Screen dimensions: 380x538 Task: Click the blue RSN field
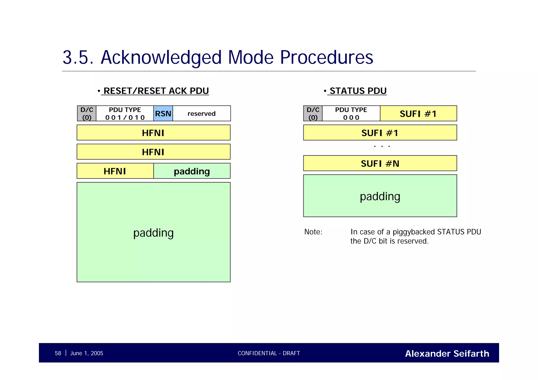pos(163,113)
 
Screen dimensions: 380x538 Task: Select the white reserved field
pos(201,113)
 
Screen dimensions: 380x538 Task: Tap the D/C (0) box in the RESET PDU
pos(87,113)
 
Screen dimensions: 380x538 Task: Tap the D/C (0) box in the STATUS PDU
pos(313,113)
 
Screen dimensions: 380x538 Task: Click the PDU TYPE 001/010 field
pos(125,113)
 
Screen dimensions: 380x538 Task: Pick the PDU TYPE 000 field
pos(351,113)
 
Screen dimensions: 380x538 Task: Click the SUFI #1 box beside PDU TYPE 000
pos(418,113)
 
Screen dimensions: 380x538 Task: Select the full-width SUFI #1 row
pos(380,133)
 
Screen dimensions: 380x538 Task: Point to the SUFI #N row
pos(380,163)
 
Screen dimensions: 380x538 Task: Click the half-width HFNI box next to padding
pos(115,171)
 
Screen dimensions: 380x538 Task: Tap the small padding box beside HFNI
pos(192,171)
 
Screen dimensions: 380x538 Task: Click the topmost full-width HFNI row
pos(153,133)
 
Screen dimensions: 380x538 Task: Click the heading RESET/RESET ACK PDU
pos(156,91)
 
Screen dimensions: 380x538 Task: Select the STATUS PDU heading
pos(358,91)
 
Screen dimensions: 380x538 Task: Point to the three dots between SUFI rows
pos(382,146)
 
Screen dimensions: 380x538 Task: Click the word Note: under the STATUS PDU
pos(313,232)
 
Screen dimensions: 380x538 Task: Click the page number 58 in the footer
pos(58,353)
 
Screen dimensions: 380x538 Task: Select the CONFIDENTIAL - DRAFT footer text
pos(269,353)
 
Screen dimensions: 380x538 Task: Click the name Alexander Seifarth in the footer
pos(447,353)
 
